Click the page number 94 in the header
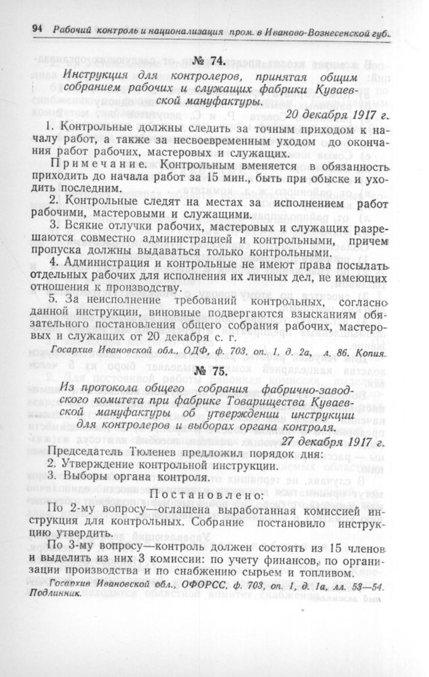[x=37, y=29]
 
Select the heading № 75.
[x=211, y=370]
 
